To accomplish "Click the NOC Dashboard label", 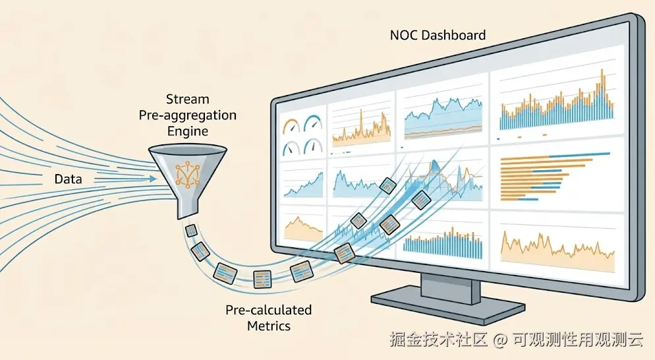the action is coord(438,35).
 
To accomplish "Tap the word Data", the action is coord(68,179).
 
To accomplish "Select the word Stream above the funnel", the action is coord(188,99).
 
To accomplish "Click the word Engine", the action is coord(188,131).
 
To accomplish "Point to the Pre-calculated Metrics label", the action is coord(269,318).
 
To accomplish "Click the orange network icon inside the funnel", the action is coord(188,173).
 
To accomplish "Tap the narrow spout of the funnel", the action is coord(186,208).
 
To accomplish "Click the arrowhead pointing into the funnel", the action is coord(153,179).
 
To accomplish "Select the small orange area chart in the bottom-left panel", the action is coord(303,229).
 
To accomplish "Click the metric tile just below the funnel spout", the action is coord(191,230).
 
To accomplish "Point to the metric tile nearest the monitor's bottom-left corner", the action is coord(344,253).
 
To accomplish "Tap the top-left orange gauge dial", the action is coord(291,126).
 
